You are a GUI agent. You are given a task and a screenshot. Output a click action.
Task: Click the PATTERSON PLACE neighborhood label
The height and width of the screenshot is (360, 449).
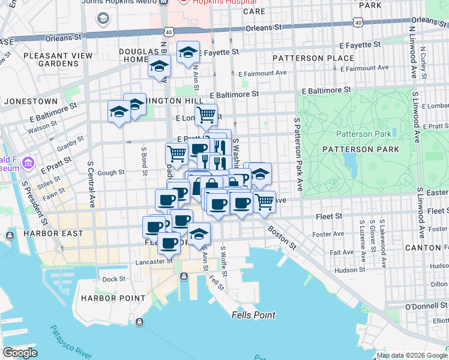[313, 58]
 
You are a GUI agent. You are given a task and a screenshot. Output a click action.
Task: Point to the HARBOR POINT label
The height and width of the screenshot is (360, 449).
[113, 298]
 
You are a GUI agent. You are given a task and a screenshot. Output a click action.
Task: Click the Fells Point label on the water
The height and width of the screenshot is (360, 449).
[254, 315]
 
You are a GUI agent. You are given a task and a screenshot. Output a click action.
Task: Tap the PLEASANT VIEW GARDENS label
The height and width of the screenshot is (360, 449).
[50, 59]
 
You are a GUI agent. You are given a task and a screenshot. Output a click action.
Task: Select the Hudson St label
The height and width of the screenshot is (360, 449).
[345, 270]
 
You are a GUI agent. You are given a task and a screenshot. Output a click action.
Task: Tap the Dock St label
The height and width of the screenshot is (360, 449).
[113, 279]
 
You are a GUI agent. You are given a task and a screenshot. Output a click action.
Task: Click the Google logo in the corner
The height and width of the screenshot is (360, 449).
[20, 353]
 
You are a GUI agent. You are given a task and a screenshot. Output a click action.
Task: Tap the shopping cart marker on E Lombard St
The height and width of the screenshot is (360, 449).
[206, 113]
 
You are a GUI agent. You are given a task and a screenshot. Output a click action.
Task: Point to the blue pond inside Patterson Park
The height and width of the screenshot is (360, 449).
[349, 160]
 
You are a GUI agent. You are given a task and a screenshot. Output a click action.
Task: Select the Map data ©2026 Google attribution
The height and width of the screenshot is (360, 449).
[412, 355]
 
